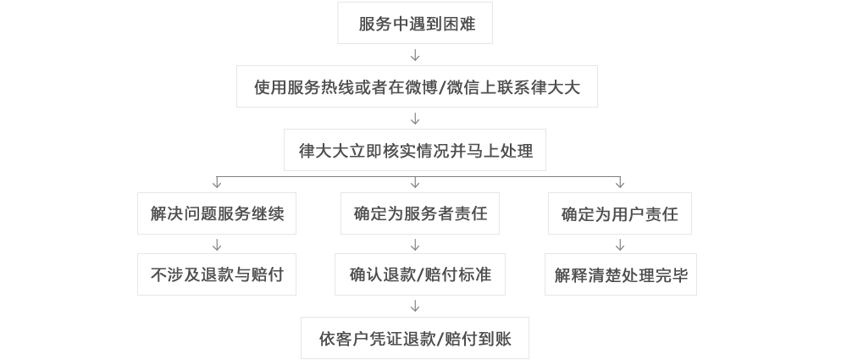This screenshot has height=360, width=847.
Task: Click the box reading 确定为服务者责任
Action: [420, 213]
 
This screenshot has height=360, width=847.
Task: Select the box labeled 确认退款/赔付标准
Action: [420, 274]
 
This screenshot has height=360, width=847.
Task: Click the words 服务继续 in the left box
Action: [251, 213]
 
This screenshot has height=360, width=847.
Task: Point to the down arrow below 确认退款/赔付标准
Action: [415, 306]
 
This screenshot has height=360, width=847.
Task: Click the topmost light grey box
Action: [415, 23]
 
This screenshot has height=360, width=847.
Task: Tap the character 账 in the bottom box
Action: [504, 338]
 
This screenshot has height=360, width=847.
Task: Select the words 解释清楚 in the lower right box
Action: [589, 275]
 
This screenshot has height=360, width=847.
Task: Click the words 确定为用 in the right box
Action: [594, 214]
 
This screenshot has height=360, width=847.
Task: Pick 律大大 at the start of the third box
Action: [321, 151]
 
